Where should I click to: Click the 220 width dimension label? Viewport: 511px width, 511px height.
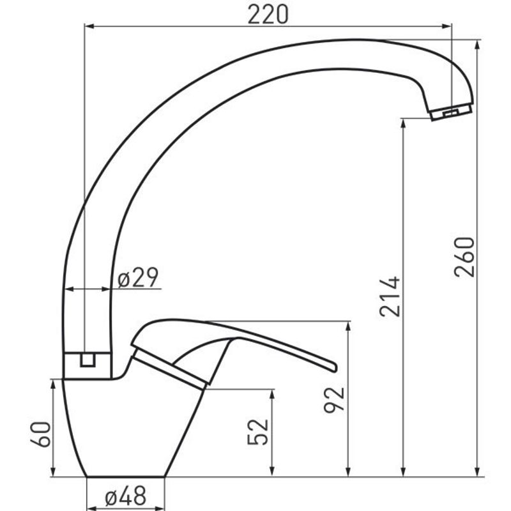[268, 15]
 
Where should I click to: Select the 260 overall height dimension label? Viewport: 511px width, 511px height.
[464, 257]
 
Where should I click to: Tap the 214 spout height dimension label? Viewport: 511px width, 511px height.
[390, 296]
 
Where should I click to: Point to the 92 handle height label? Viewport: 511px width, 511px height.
[334, 400]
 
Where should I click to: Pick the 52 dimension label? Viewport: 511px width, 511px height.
[258, 432]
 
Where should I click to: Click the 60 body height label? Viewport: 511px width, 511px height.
[41, 434]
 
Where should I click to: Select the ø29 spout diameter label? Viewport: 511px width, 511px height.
[138, 277]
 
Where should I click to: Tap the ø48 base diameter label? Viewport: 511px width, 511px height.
[125, 497]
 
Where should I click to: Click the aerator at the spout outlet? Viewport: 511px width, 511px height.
[452, 112]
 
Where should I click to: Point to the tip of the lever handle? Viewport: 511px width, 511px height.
[335, 367]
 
